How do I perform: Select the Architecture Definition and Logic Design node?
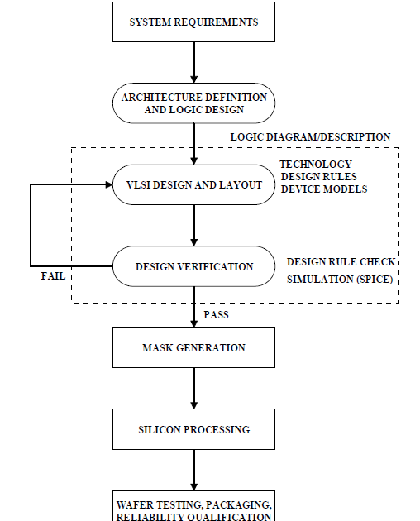(193, 103)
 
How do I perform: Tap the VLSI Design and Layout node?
(193, 184)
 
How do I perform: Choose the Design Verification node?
(193, 266)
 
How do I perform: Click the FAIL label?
(53, 276)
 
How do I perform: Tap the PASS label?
(216, 314)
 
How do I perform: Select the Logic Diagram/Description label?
(310, 137)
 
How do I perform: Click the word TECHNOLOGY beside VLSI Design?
(316, 164)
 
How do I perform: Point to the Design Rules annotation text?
(319, 176)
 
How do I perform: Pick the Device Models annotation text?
(324, 189)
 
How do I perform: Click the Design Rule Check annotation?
(341, 262)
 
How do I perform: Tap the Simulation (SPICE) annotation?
(340, 280)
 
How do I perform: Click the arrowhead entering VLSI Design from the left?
(109, 184)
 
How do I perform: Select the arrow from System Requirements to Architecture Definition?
(194, 63)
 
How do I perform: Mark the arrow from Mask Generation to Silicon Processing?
(194, 389)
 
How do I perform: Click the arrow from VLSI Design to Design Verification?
(194, 226)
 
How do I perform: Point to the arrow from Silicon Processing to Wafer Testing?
(194, 471)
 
